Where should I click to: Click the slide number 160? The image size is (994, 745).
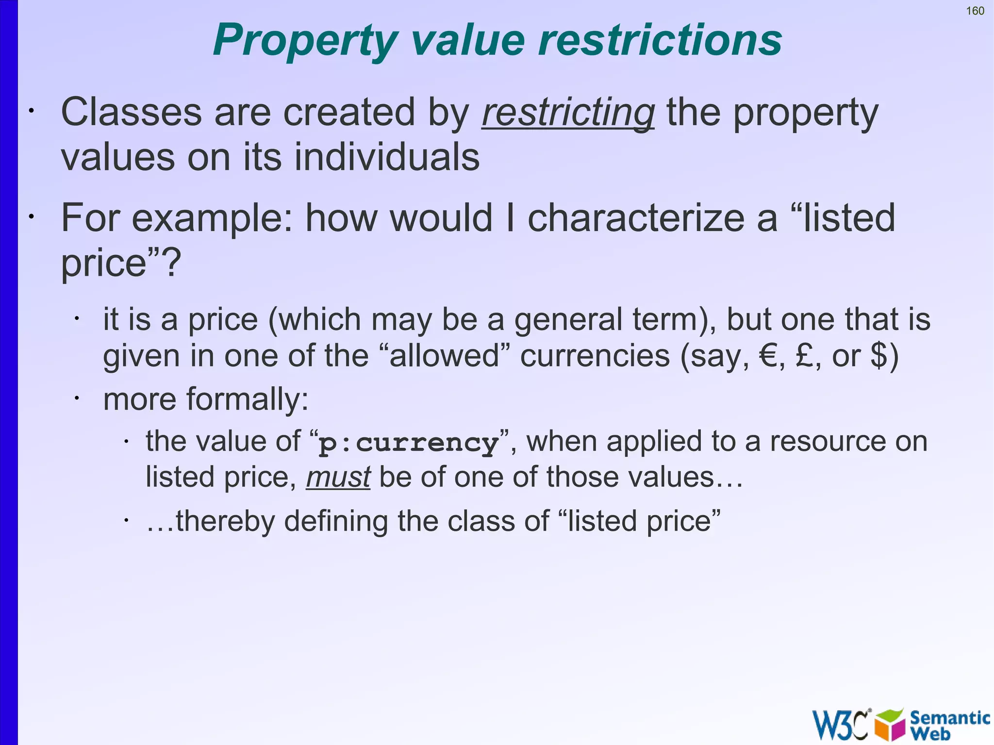[x=975, y=11]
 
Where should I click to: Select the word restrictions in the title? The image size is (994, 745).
[x=660, y=40]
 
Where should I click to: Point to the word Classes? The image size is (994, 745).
[x=131, y=112]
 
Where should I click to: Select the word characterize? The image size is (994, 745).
[x=636, y=218]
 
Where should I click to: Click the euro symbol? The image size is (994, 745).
[x=769, y=356]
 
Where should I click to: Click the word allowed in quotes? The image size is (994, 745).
[x=444, y=356]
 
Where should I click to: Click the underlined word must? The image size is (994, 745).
[x=338, y=477]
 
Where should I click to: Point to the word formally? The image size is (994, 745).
[x=248, y=399]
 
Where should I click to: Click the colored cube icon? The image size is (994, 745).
[x=889, y=725]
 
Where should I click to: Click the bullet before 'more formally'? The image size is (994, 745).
[x=77, y=398]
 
